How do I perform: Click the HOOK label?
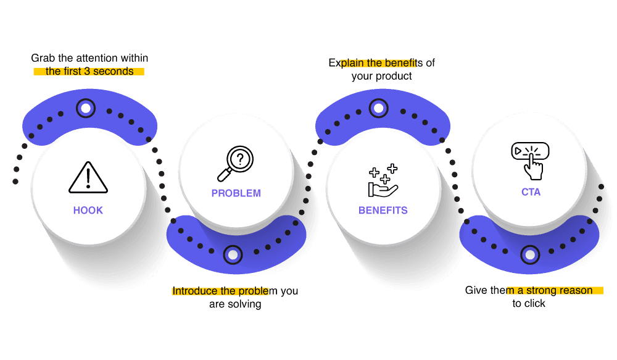click(x=88, y=210)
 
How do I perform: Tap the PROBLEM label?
click(x=236, y=193)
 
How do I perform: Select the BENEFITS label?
click(x=383, y=210)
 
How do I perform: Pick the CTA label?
click(x=531, y=192)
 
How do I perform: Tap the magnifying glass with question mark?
click(x=235, y=162)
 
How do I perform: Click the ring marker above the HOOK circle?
click(x=86, y=109)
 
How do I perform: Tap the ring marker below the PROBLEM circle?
click(x=233, y=254)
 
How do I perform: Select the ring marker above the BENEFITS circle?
click(x=379, y=109)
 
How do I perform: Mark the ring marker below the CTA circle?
click(x=530, y=254)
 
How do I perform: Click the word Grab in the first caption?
click(x=43, y=59)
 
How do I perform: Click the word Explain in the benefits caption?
click(x=344, y=63)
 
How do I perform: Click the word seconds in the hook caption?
click(x=114, y=71)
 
